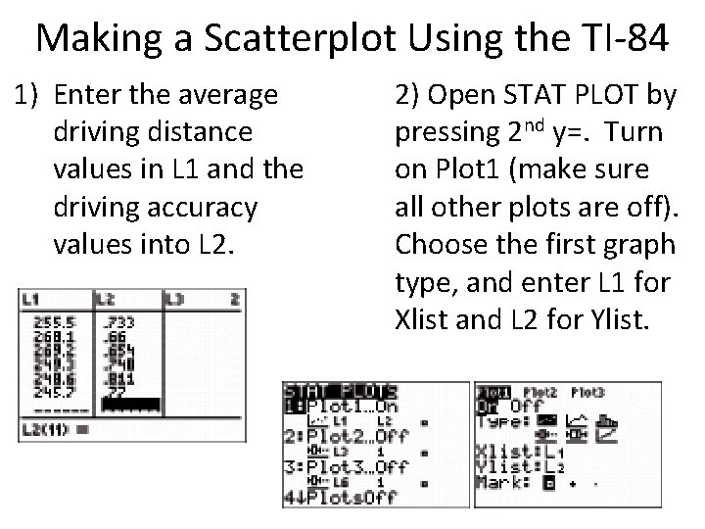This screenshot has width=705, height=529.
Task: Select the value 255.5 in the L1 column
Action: tap(48, 320)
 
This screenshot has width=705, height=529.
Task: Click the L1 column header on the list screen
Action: tap(32, 298)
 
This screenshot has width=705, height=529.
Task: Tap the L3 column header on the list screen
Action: tap(174, 298)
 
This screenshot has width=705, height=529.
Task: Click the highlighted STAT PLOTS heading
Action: tap(338, 390)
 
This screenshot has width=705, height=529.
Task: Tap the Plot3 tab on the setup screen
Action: tap(588, 391)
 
